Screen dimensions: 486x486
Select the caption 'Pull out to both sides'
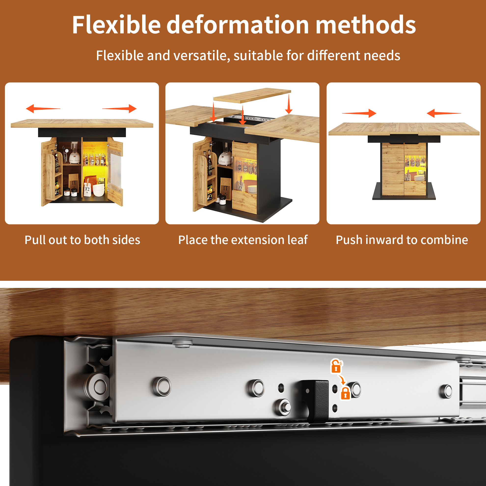82,240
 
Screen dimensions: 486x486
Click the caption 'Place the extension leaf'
243,240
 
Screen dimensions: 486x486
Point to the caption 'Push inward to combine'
402,240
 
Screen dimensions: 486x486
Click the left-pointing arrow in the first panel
43,109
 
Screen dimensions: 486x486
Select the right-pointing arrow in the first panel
119,109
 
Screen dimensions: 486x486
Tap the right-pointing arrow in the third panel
359,113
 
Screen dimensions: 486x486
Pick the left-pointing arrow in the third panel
444,113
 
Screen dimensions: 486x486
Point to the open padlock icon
336,366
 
